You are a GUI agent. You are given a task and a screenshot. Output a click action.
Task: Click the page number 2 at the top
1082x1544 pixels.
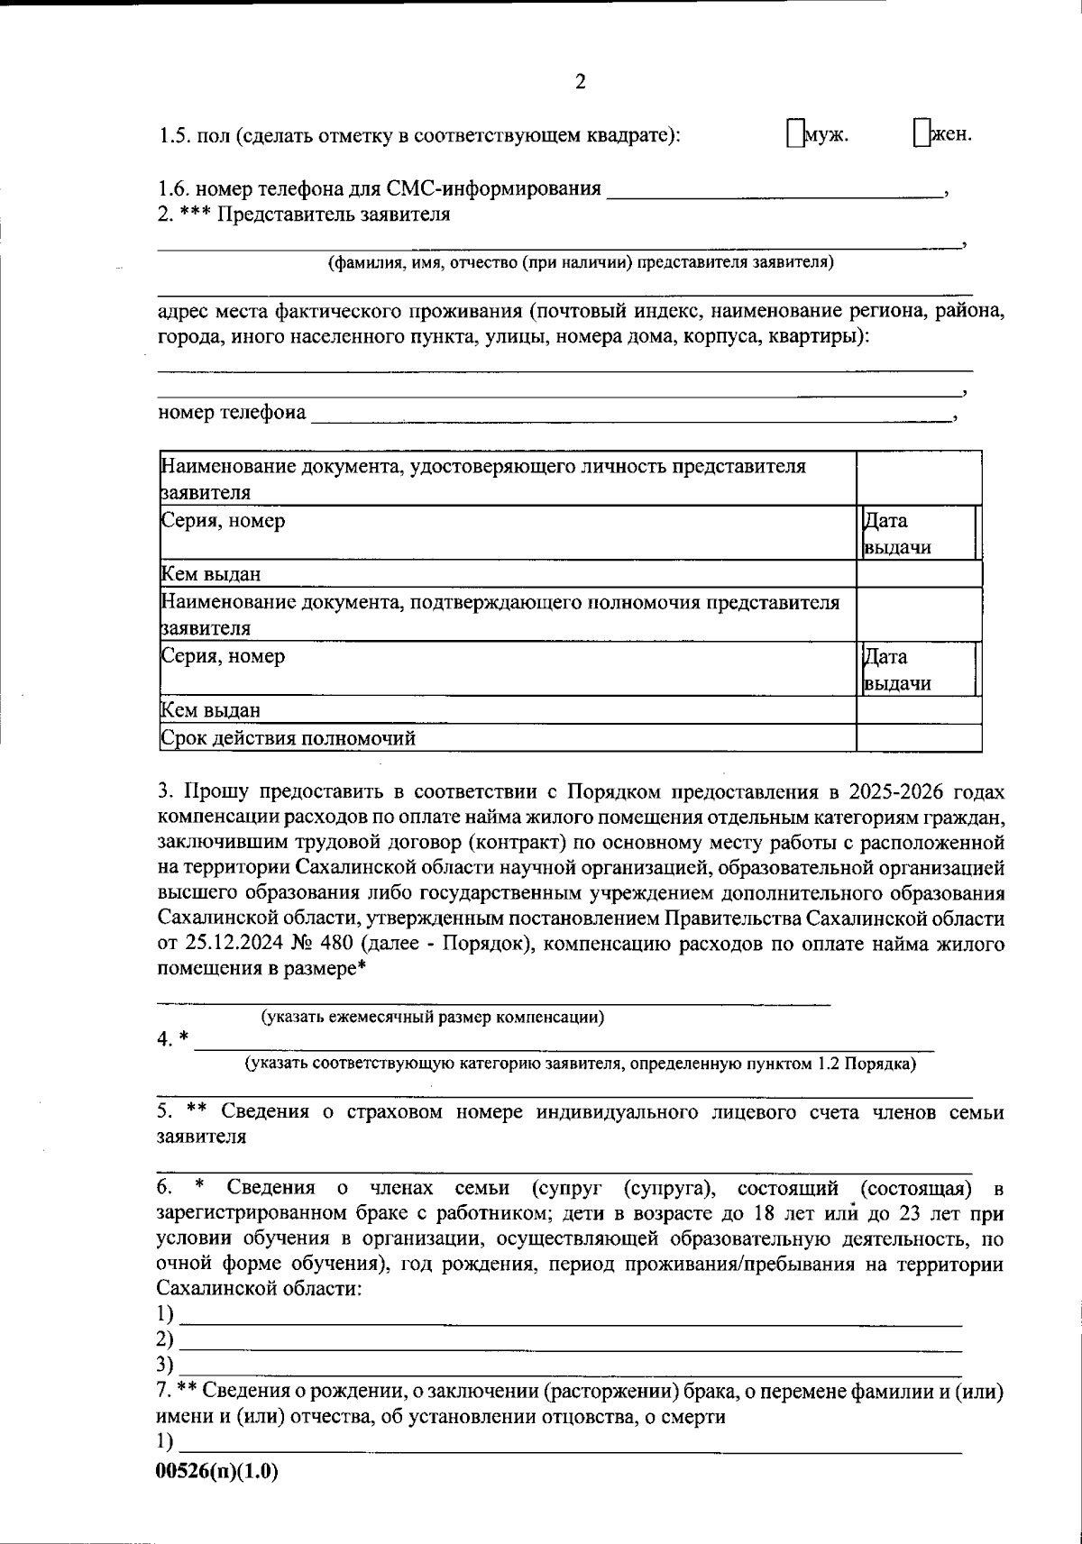point(580,82)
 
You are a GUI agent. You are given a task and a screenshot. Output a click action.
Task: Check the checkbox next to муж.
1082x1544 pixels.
point(793,132)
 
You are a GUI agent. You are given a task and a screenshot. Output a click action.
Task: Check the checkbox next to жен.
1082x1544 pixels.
point(920,132)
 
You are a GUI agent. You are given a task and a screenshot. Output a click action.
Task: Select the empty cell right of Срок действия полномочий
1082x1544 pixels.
point(918,739)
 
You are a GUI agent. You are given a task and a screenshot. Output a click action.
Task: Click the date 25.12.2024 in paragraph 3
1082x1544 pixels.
point(235,945)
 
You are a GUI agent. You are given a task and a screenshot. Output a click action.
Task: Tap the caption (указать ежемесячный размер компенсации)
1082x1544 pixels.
point(433,1018)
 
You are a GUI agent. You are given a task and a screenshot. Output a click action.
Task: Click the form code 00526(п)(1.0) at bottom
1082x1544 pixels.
point(217,1471)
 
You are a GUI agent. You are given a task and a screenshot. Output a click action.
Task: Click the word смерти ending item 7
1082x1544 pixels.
point(696,1417)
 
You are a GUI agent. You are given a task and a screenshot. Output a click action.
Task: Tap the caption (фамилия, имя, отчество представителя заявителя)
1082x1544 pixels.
point(580,263)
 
